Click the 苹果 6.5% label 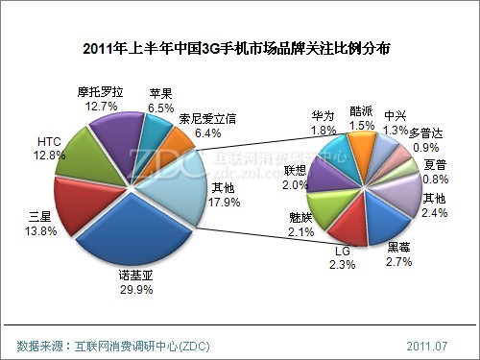click(161, 102)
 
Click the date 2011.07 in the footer click(426, 343)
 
